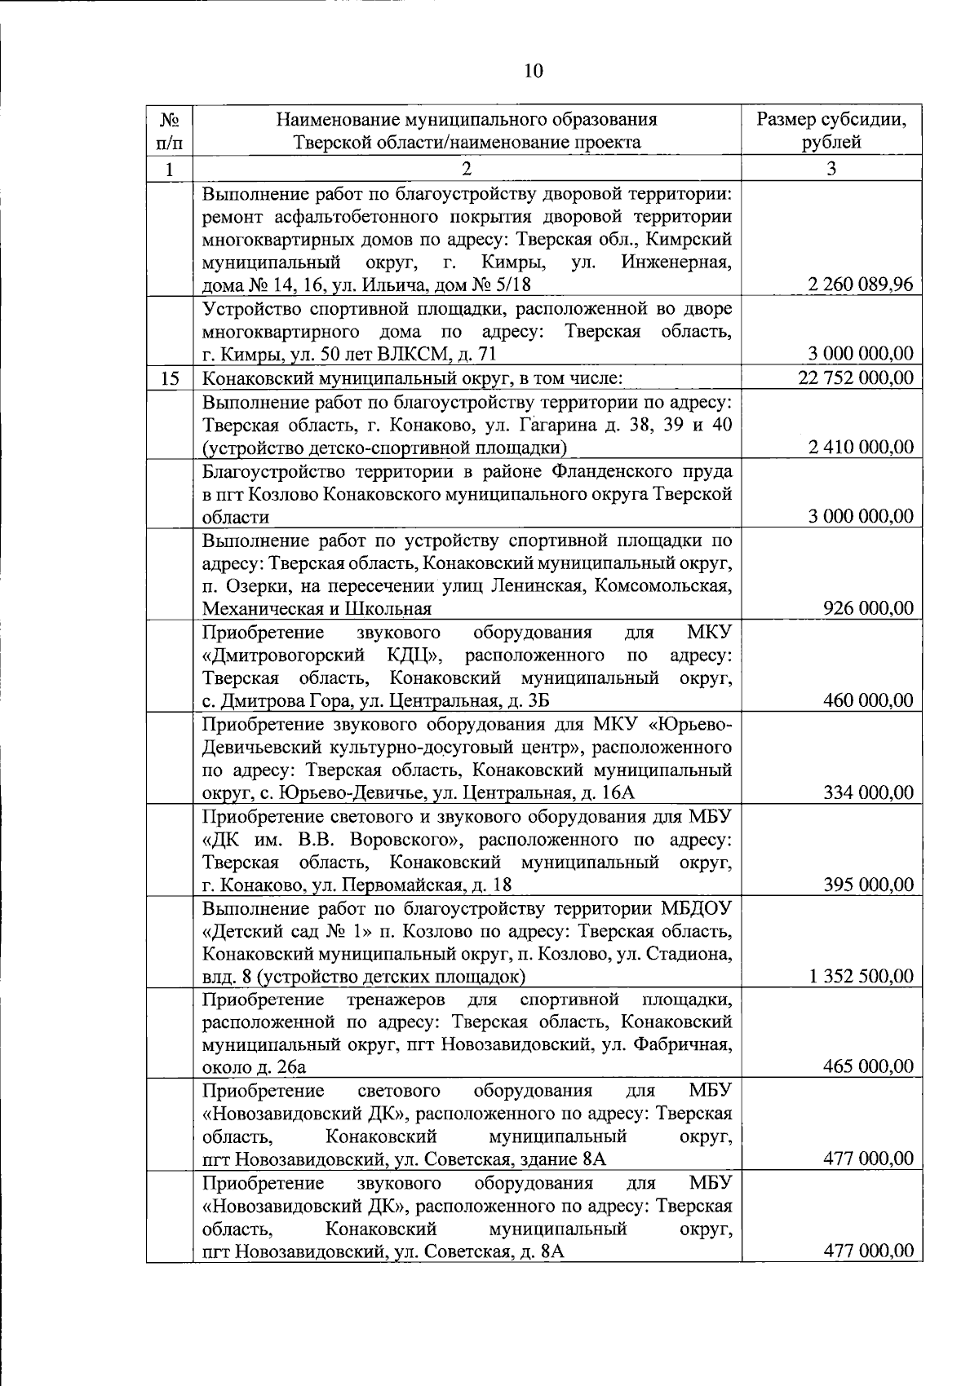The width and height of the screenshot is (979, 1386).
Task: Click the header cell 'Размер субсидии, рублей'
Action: pyautogui.click(x=831, y=130)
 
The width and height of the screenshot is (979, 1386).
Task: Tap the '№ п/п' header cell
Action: pyautogui.click(x=169, y=130)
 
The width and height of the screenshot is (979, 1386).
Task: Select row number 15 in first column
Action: pyautogui.click(x=169, y=378)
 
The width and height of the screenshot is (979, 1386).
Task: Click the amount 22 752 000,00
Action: pyautogui.click(x=856, y=377)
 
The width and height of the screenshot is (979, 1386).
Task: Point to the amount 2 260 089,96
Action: pyautogui.click(x=860, y=285)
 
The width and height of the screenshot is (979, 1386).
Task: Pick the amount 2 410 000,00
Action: pyautogui.click(x=860, y=447)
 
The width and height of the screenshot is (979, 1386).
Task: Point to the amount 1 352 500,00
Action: pyautogui.click(x=860, y=976)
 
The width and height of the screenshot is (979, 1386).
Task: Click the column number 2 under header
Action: pyautogui.click(x=466, y=169)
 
